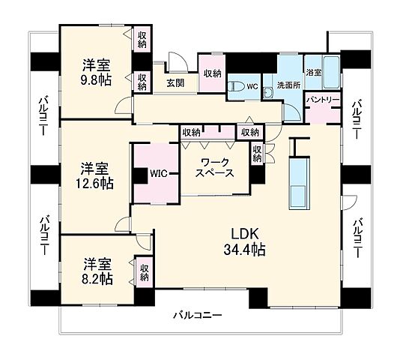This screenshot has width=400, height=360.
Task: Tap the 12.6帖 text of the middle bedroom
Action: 96,183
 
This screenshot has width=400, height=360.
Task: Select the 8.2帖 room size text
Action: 97,278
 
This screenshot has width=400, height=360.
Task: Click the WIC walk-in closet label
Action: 158,174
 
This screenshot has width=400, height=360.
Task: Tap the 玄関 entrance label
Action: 175,83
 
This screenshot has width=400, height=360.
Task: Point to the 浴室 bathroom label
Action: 313,73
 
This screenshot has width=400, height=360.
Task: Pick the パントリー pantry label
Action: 324,99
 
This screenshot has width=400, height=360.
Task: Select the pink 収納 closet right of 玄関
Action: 212,73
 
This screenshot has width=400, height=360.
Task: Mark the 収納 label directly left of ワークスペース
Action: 191,132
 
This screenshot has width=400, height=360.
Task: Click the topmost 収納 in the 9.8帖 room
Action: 141,40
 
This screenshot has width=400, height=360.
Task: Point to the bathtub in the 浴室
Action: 331,70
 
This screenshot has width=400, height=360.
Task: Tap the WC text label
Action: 252,86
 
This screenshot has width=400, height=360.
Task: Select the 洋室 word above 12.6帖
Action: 96,166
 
